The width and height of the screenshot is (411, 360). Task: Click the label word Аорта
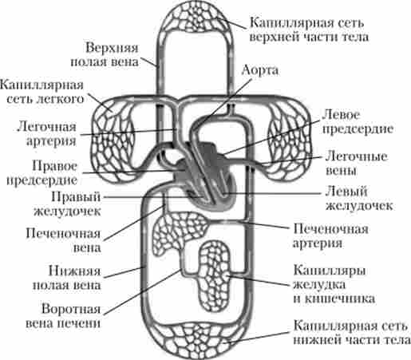pos(260,70)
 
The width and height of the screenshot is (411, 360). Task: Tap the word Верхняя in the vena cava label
pos(112,48)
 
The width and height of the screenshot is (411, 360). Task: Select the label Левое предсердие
pos(358,122)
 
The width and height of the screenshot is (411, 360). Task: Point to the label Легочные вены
pos(356,164)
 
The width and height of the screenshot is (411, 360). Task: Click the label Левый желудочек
pos(359,199)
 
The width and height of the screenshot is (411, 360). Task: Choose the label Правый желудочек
pos(67,204)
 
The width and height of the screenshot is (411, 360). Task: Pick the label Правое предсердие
pos(41,173)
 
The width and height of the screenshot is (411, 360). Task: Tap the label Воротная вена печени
pos(63,316)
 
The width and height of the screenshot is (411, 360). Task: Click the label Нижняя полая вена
pos(67,278)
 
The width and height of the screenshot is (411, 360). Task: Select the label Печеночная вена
pos(63,240)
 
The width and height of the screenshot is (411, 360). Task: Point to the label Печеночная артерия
pos(330,235)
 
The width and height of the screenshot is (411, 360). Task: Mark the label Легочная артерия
pos(47,134)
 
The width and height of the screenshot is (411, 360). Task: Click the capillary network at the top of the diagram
pos(196,18)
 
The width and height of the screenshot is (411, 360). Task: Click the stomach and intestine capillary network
pos(215,276)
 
